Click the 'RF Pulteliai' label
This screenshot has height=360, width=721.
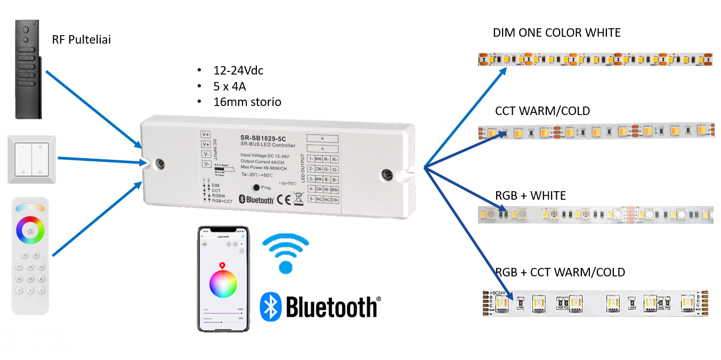point(81,40)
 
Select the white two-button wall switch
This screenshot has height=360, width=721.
point(31,159)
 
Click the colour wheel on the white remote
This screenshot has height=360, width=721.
point(30,232)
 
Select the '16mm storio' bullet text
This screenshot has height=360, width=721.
point(246,101)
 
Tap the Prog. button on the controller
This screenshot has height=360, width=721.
point(256,187)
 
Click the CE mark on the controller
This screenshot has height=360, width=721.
point(285,200)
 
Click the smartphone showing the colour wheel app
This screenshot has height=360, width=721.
point(223,279)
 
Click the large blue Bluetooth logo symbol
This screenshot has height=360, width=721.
point(270,307)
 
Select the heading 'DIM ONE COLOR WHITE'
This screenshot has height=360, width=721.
point(556,33)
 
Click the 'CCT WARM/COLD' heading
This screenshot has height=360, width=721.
point(542,111)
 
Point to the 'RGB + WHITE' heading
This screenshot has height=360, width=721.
point(530,196)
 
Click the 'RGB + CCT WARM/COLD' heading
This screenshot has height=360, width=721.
point(560,273)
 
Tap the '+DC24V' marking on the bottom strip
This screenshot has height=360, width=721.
point(497,293)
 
